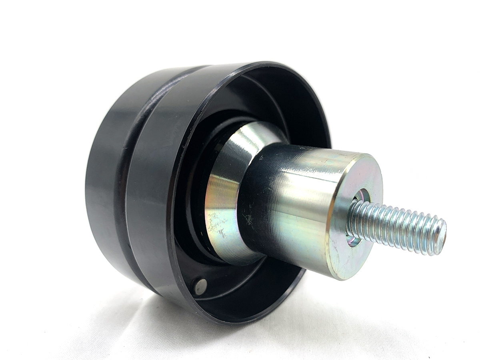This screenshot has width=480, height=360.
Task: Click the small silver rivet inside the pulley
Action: (201, 286)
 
